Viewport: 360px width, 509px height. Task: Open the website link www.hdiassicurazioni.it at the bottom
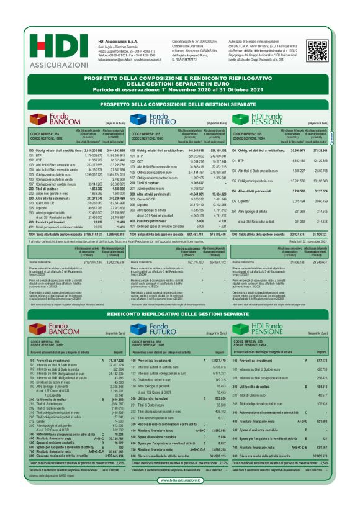[x=181, y=497]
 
